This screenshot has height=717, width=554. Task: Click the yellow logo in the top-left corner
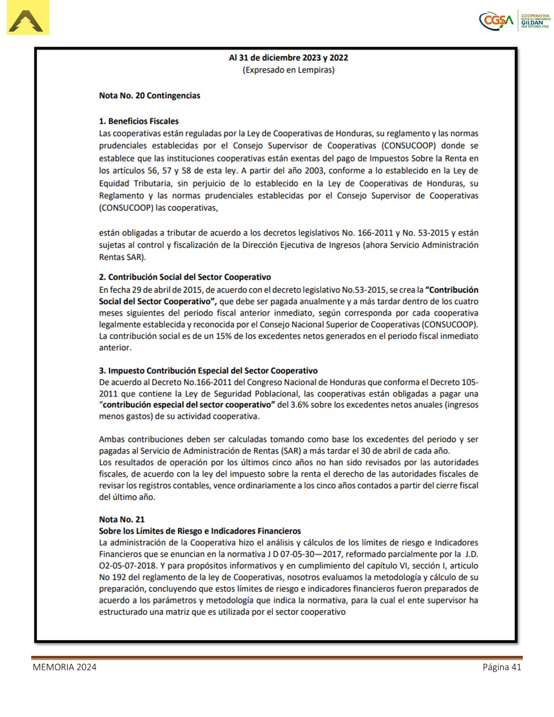pyautogui.click(x=28, y=18)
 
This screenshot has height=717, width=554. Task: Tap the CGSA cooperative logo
pyautogui.click(x=515, y=20)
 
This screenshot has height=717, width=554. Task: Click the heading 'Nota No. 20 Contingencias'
pyautogui.click(x=149, y=96)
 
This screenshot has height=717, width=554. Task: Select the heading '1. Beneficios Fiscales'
pyautogui.click(x=138, y=121)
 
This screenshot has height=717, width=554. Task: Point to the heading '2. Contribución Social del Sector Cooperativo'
pyautogui.click(x=185, y=277)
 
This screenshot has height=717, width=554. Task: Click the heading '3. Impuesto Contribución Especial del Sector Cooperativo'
pyautogui.click(x=208, y=371)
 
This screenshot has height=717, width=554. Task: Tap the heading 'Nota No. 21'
pyautogui.click(x=122, y=519)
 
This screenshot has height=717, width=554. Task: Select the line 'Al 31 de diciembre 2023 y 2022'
pyautogui.click(x=288, y=57)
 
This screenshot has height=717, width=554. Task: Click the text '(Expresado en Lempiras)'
pyautogui.click(x=288, y=70)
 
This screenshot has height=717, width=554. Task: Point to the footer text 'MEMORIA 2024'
pyautogui.click(x=64, y=667)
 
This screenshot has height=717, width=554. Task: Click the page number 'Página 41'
pyautogui.click(x=502, y=667)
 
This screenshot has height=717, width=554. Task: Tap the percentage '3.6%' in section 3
pyautogui.click(x=299, y=405)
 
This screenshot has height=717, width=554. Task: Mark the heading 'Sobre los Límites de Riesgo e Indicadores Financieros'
pyautogui.click(x=200, y=531)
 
